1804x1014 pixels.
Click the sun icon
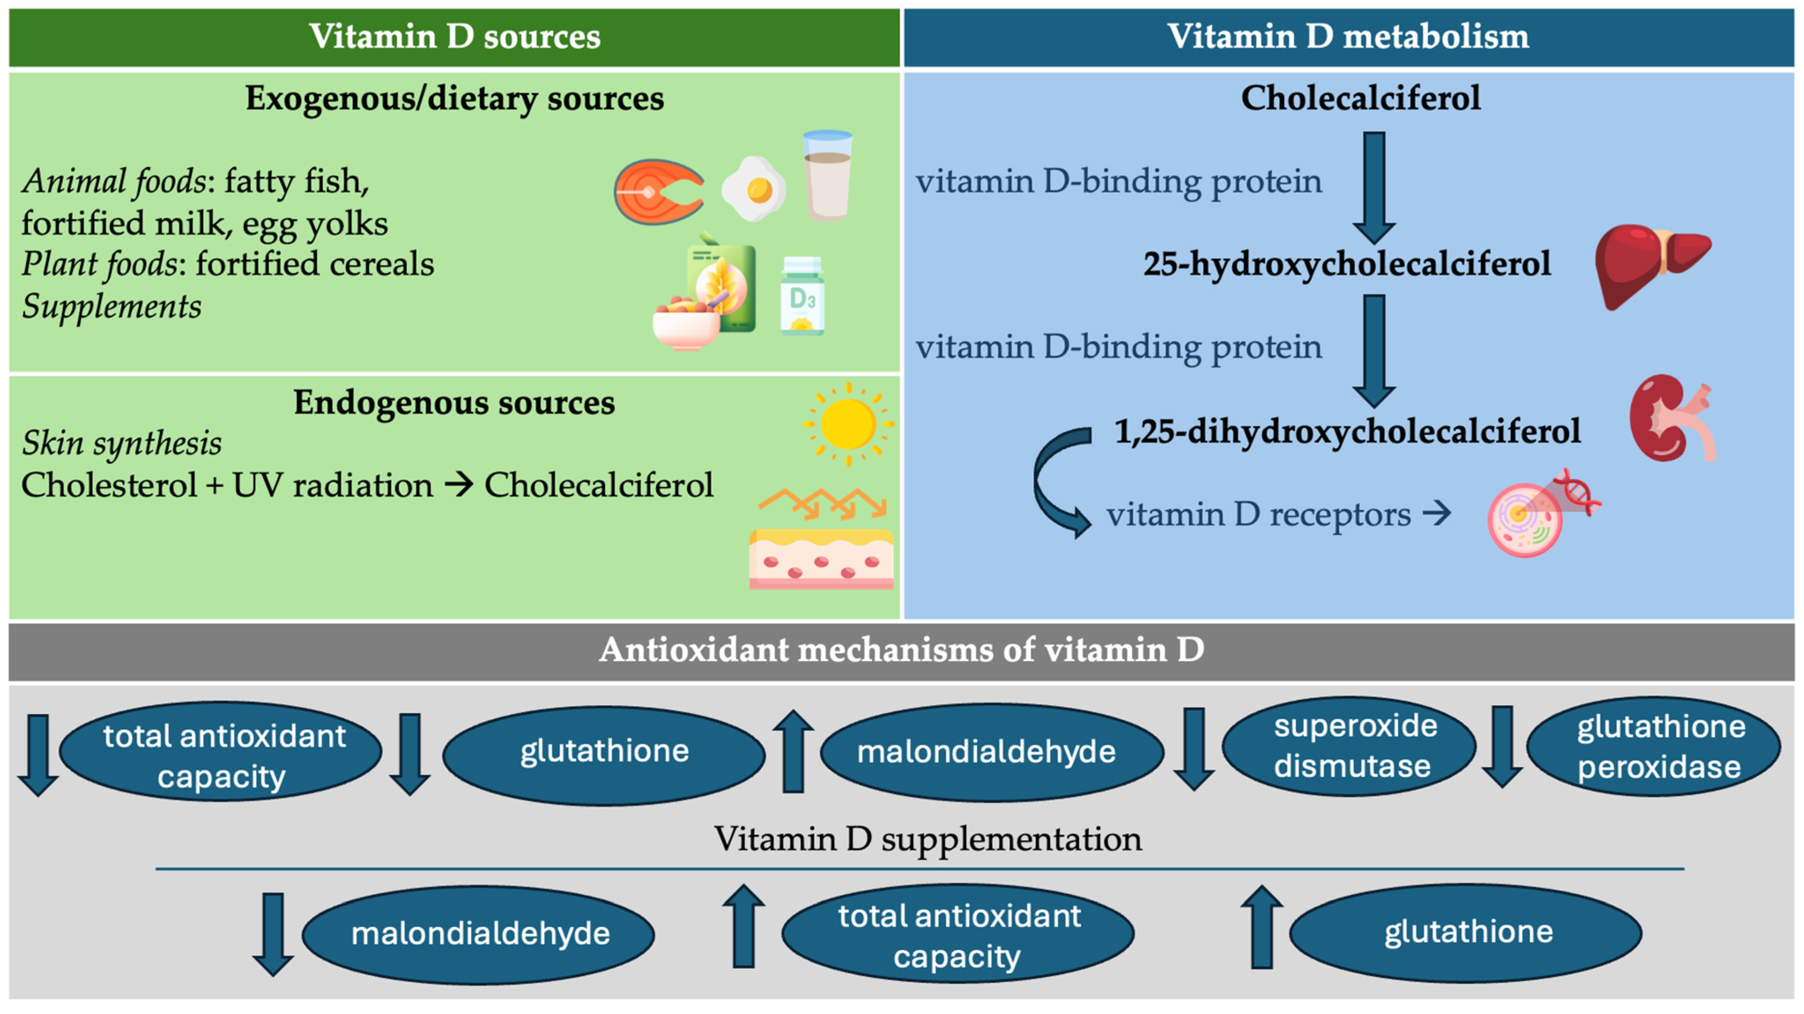coord(848,424)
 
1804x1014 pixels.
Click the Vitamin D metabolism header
coord(1348,37)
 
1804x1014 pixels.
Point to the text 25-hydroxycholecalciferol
coord(1346,264)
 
